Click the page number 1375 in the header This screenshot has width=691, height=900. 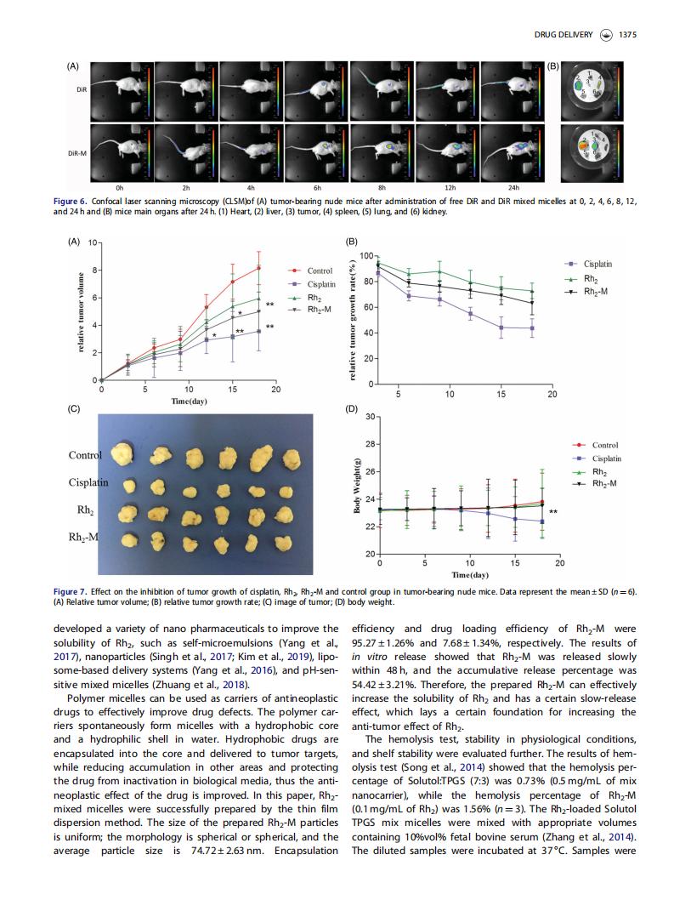627,35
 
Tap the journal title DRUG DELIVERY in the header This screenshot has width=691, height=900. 564,35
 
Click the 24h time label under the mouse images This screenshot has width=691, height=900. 513,188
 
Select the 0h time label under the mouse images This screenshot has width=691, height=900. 119,188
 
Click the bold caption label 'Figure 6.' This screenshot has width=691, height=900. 70,202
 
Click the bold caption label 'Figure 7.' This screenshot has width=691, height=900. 70,592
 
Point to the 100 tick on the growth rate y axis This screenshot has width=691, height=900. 366,255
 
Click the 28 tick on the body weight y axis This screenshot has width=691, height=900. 370,444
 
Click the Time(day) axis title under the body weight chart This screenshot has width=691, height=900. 470,574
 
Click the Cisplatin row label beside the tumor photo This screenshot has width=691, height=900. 88,482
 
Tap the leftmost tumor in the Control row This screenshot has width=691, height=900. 122,453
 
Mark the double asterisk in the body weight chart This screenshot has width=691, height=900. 553,512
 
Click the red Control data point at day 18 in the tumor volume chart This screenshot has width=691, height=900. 258,268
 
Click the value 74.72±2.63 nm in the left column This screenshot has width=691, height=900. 227,851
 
